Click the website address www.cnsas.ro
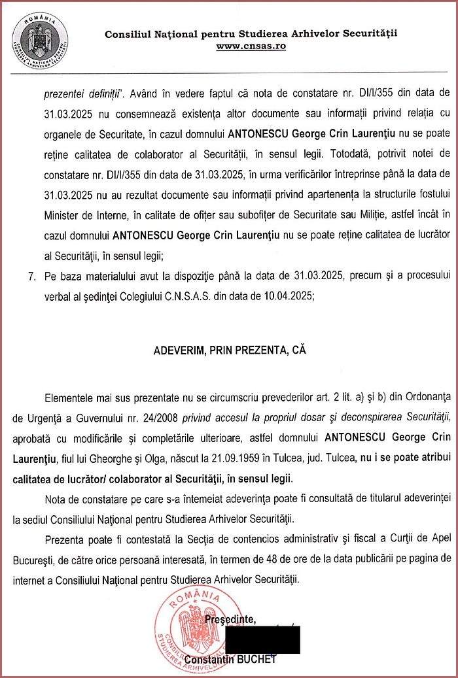tap(251, 46)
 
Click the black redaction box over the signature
tap(262, 639)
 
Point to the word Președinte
tap(230, 619)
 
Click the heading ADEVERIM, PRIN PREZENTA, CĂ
tap(229, 350)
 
